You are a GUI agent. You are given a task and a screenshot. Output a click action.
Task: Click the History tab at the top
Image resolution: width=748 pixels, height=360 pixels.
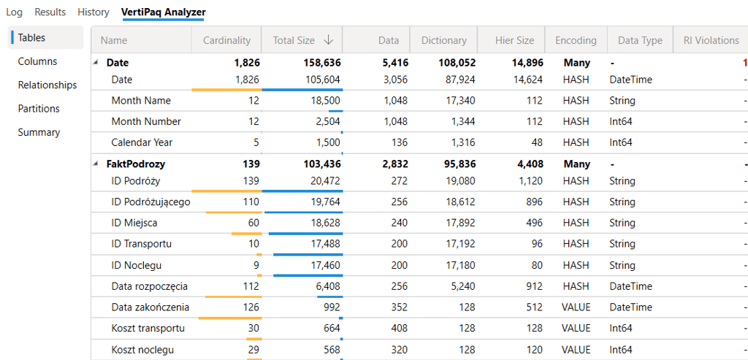click(x=93, y=12)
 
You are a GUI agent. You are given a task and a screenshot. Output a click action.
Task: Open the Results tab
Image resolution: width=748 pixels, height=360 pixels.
click(x=50, y=12)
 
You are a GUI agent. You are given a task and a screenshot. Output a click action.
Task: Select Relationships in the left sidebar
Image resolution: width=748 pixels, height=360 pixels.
click(x=47, y=85)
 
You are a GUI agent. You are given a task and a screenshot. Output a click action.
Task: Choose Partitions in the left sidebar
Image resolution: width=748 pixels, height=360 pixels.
click(x=39, y=109)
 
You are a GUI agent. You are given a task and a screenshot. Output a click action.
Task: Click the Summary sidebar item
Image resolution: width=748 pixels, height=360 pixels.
click(x=39, y=132)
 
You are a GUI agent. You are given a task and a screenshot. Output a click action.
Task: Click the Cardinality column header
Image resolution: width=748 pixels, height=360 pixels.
click(x=226, y=41)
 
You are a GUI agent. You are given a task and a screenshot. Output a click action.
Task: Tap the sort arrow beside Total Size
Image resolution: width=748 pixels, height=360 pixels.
click(x=329, y=41)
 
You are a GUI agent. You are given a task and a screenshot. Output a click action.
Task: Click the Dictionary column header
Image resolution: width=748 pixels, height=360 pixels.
click(x=443, y=41)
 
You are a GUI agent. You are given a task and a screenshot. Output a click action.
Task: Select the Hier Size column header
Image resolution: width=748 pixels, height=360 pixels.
click(x=514, y=41)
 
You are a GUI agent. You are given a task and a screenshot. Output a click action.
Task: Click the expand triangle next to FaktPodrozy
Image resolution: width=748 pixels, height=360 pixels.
click(x=96, y=164)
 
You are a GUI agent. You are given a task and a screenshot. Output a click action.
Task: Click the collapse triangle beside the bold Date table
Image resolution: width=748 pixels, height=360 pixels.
click(x=96, y=63)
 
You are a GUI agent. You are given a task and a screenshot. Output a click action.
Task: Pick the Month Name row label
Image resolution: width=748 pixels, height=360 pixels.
click(x=141, y=101)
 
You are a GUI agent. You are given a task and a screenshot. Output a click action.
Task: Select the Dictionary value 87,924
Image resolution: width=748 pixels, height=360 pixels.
click(x=459, y=80)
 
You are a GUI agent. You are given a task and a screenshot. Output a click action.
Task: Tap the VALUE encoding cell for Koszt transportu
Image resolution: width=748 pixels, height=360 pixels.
click(x=576, y=329)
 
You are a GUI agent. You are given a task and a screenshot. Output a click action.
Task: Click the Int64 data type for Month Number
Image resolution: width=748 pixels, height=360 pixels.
click(x=621, y=121)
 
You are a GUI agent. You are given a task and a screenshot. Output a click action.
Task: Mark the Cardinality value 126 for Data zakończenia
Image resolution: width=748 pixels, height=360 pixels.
click(x=251, y=307)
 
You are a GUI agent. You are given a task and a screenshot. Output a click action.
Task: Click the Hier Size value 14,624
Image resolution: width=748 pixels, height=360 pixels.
click(x=528, y=80)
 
